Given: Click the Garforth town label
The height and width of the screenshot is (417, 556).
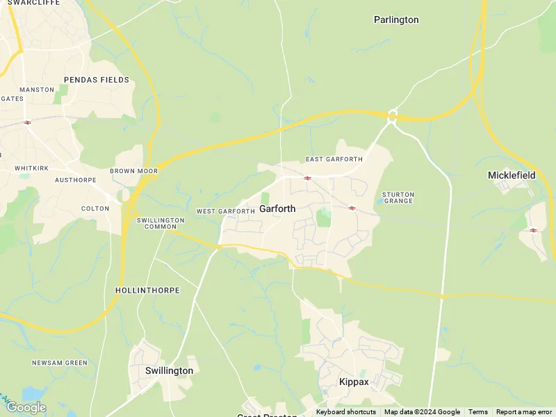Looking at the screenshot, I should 277,208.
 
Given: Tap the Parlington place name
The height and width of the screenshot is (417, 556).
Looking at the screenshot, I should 396,19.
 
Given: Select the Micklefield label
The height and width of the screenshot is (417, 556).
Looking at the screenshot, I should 512,175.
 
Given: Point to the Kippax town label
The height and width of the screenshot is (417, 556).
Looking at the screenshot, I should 354,382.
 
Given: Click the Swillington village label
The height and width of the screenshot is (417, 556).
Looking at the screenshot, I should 169,370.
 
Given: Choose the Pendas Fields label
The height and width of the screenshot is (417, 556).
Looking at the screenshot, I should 97,80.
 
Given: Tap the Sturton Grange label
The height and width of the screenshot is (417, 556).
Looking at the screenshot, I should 398,197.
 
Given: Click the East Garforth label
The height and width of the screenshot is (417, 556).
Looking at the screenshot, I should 334,159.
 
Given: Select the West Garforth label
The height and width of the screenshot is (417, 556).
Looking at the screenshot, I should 226,211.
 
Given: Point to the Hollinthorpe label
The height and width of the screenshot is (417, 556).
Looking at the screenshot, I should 147,290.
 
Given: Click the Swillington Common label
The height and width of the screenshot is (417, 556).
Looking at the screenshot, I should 161,223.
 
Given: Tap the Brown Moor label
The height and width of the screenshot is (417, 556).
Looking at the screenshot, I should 133,171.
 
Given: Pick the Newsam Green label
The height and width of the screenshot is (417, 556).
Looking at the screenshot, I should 60,363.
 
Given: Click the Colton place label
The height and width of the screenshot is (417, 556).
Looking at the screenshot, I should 95,208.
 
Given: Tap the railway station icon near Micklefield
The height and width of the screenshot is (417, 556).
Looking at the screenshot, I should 533,230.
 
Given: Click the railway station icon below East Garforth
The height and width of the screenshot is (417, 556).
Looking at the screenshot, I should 306,178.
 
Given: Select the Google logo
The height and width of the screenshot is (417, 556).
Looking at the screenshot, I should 26,407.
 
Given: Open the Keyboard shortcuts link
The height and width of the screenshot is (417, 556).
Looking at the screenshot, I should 346,412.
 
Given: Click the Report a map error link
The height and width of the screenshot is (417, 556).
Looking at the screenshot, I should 524,412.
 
